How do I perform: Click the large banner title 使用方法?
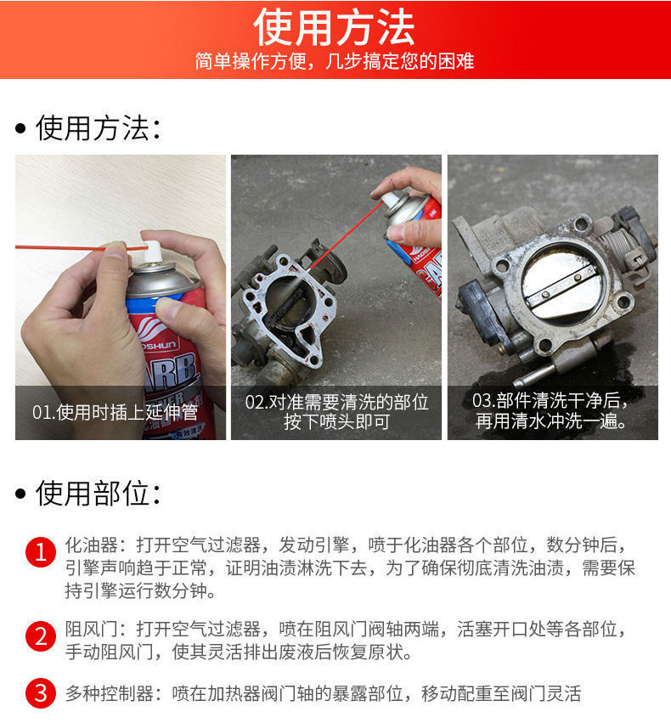point(335,27)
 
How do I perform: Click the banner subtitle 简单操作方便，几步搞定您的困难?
point(335,62)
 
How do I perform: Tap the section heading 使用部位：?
point(98,493)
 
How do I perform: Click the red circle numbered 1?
point(39,553)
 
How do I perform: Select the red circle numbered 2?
point(39,635)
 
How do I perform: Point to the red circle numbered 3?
point(39,693)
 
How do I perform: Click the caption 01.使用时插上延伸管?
point(115,412)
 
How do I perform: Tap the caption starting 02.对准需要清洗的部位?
point(336,411)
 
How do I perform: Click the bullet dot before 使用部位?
point(21,494)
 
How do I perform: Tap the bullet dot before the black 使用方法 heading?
point(21,129)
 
